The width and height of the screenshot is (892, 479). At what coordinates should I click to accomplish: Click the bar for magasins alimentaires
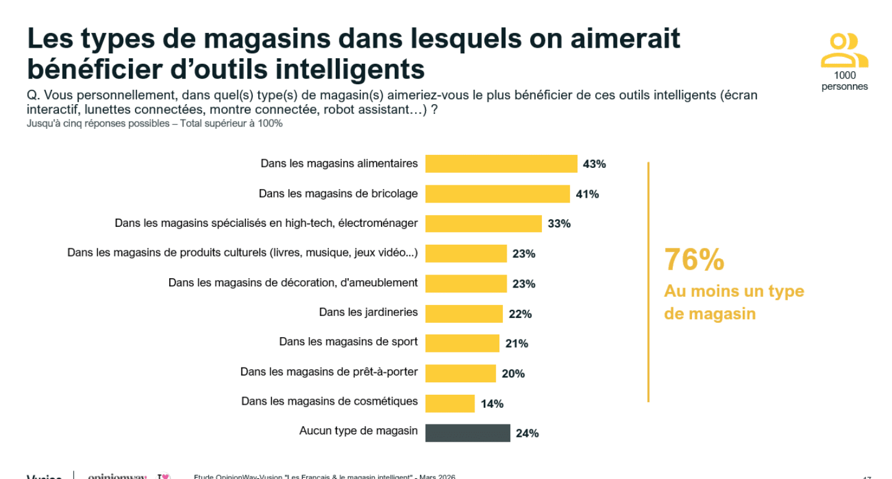click(x=501, y=164)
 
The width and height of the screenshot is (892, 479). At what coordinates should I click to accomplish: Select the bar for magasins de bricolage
click(x=497, y=194)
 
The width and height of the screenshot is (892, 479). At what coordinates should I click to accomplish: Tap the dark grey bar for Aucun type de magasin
click(x=467, y=433)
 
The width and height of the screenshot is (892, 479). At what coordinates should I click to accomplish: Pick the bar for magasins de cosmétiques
click(x=450, y=403)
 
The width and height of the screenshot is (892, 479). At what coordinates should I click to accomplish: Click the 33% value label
click(x=559, y=224)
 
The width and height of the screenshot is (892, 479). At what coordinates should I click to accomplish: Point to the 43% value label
click(x=594, y=164)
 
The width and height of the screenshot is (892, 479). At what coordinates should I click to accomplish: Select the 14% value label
click(x=492, y=404)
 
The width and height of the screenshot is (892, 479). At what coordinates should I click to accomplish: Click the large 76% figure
click(x=694, y=260)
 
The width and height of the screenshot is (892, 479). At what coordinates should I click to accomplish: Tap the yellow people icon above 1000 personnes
click(x=844, y=50)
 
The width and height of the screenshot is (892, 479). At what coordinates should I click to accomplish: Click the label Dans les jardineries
click(x=368, y=312)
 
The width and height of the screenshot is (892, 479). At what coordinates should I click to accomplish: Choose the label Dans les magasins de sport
click(x=348, y=342)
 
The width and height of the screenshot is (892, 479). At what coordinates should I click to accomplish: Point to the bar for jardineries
click(x=463, y=314)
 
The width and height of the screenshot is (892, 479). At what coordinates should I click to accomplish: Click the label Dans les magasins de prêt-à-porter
click(x=329, y=372)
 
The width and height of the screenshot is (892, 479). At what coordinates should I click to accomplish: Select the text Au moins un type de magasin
click(x=733, y=302)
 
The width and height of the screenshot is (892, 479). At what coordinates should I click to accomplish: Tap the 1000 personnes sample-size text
click(x=844, y=81)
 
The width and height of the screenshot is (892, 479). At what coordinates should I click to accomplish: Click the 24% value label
click(x=527, y=434)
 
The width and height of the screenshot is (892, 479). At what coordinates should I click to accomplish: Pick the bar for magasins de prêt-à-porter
click(x=460, y=373)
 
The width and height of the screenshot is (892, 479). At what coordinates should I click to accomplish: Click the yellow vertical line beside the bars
click(x=648, y=282)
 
